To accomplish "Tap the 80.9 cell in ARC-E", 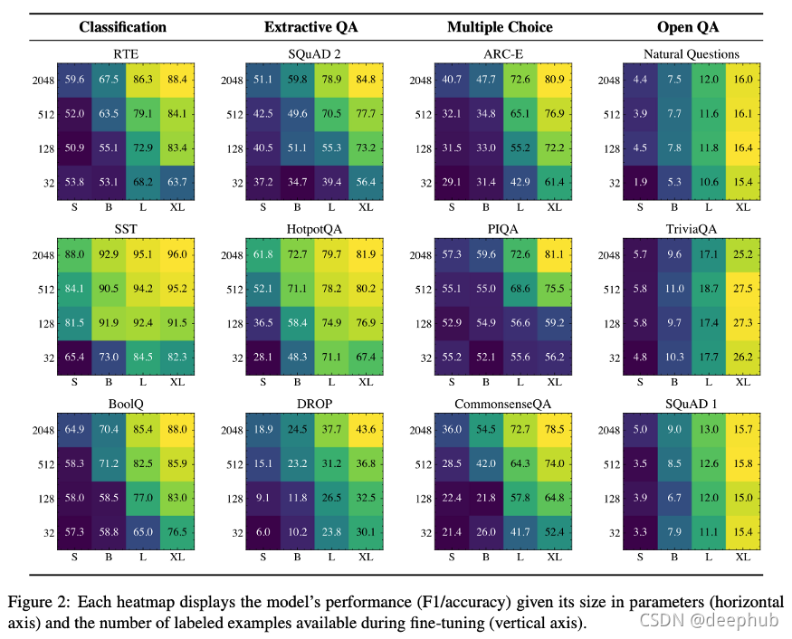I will click(551, 80).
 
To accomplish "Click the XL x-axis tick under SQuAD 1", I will click(743, 557).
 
